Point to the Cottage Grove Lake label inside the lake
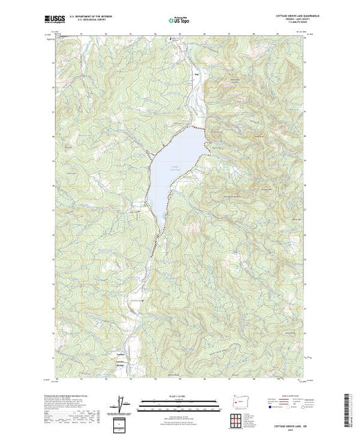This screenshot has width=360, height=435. click(175, 168)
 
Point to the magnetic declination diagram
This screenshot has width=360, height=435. click(123, 403)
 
